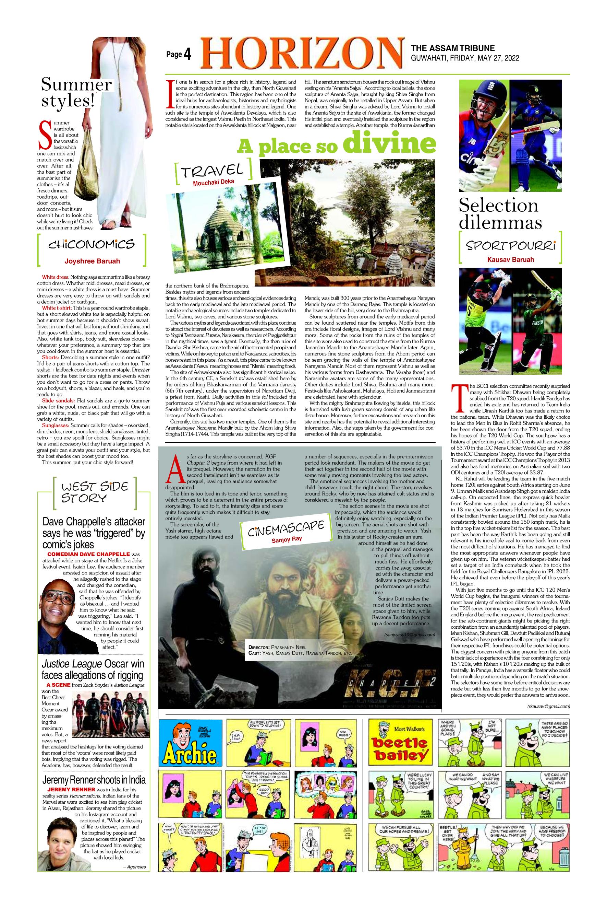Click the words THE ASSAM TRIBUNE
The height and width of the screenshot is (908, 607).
coord(452,48)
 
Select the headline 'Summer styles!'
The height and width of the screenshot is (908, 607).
coord(77,93)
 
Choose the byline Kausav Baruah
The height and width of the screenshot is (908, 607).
coord(510,259)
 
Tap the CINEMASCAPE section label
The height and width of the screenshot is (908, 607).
coord(286,528)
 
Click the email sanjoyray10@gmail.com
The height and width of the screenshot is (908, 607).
coord(410,635)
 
